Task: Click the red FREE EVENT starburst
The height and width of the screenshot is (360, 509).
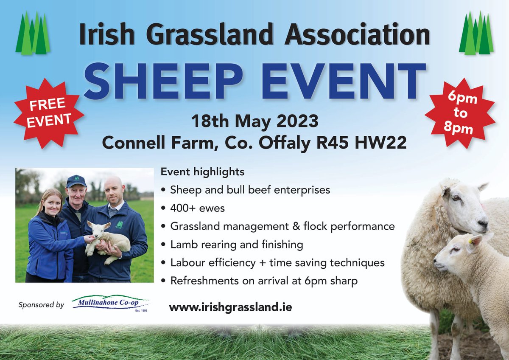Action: point(48,112)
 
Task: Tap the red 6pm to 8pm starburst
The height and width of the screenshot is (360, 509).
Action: point(460,113)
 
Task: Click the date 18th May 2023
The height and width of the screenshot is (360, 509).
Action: point(255,122)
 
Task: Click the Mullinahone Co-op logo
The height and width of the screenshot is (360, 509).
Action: point(110,304)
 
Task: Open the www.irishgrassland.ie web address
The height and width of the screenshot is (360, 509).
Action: point(230,307)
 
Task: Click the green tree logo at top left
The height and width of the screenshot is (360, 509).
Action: point(33,34)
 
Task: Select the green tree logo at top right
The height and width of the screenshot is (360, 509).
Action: point(476,34)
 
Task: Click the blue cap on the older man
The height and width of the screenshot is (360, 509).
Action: point(76,181)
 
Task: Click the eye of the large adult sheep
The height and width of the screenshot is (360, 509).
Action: point(456,198)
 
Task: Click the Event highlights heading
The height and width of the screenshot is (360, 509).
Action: point(202,172)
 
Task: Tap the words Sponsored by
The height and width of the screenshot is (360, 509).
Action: point(41,305)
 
